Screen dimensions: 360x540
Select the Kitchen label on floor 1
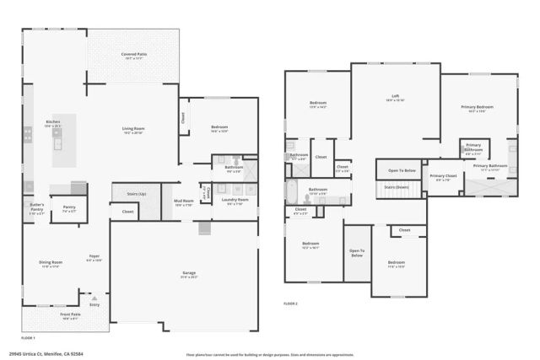point(52,122)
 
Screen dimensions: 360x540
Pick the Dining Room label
point(51,263)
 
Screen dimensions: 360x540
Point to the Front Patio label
point(71,314)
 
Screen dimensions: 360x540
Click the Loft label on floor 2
point(395,95)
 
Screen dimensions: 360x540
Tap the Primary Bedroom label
point(477,107)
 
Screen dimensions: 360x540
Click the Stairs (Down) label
point(397,187)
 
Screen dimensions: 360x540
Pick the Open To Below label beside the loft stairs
point(402,170)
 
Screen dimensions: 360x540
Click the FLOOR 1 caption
point(28,336)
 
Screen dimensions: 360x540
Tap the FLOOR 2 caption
point(291,303)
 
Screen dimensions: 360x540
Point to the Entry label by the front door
point(94,304)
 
